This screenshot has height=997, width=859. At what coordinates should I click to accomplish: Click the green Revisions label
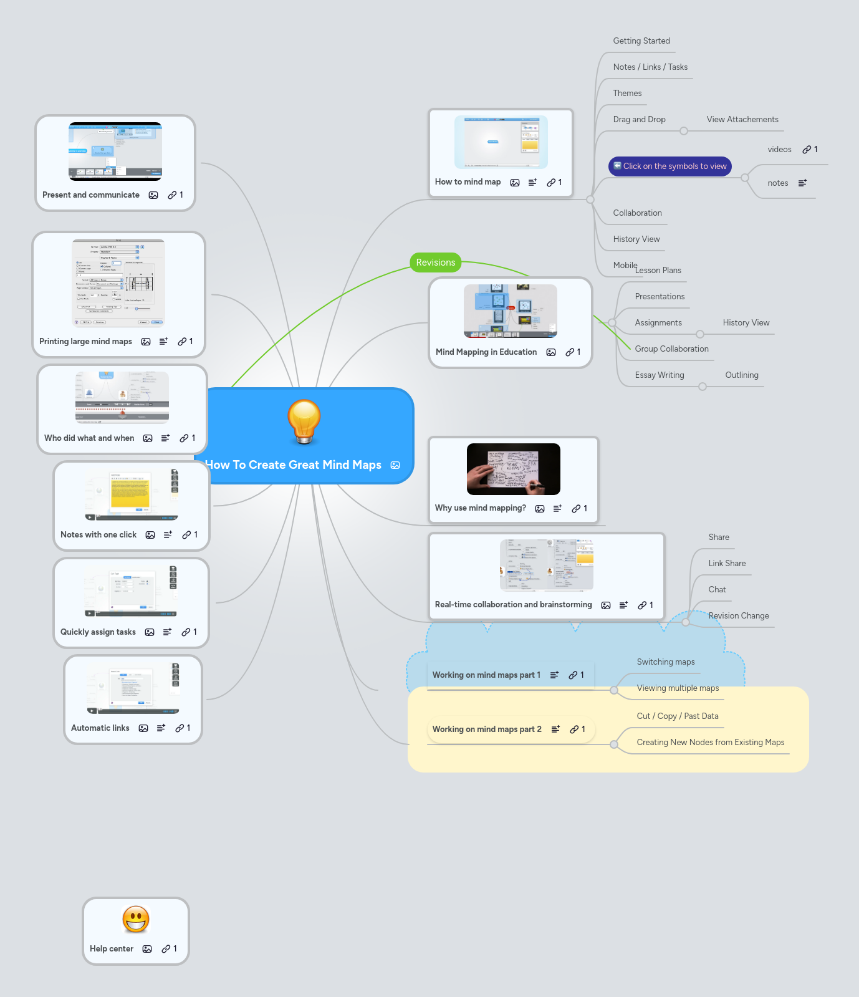click(435, 262)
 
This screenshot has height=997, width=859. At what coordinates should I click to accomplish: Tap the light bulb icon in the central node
click(304, 421)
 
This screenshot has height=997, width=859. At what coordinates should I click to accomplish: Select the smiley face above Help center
click(136, 919)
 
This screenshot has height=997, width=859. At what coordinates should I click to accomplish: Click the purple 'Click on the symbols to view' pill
click(669, 166)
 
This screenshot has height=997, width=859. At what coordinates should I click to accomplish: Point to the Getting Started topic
click(641, 41)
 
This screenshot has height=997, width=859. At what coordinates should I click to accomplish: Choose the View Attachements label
click(742, 120)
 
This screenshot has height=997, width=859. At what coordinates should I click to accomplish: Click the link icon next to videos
click(807, 150)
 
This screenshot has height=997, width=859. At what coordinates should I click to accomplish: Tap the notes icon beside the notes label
click(802, 183)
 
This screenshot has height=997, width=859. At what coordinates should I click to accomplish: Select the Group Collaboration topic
click(671, 349)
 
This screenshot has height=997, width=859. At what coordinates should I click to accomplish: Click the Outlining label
click(741, 375)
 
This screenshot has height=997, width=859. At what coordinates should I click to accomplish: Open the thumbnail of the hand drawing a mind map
click(513, 469)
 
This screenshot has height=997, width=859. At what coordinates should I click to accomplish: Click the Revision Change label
click(738, 616)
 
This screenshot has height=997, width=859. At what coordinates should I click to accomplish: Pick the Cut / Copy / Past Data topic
click(677, 716)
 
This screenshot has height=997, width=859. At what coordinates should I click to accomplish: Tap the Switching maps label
click(665, 662)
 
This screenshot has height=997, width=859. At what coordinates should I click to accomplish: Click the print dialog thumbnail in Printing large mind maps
click(118, 282)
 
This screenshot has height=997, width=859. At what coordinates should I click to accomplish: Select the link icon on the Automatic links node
click(180, 728)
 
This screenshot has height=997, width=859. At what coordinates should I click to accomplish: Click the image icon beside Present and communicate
click(153, 195)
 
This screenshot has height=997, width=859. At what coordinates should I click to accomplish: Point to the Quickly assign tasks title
click(98, 632)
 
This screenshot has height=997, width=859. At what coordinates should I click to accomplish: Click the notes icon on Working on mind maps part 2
click(555, 730)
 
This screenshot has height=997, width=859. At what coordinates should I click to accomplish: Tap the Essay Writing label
click(659, 375)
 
